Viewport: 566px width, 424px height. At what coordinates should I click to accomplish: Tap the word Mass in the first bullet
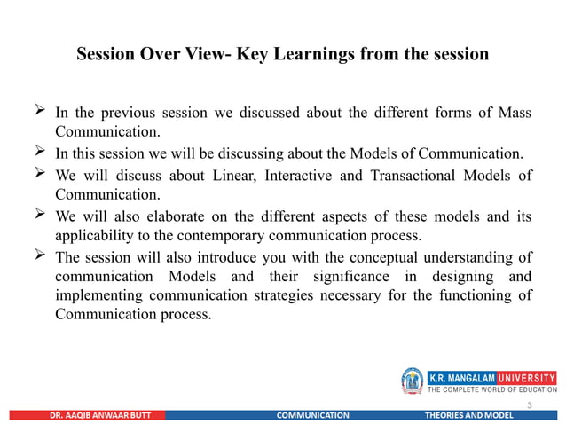click(514, 114)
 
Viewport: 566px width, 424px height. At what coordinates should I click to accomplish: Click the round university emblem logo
click(413, 381)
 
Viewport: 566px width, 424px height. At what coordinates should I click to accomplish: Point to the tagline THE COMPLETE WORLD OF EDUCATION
click(493, 389)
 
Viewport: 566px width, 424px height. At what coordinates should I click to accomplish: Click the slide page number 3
click(530, 404)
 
